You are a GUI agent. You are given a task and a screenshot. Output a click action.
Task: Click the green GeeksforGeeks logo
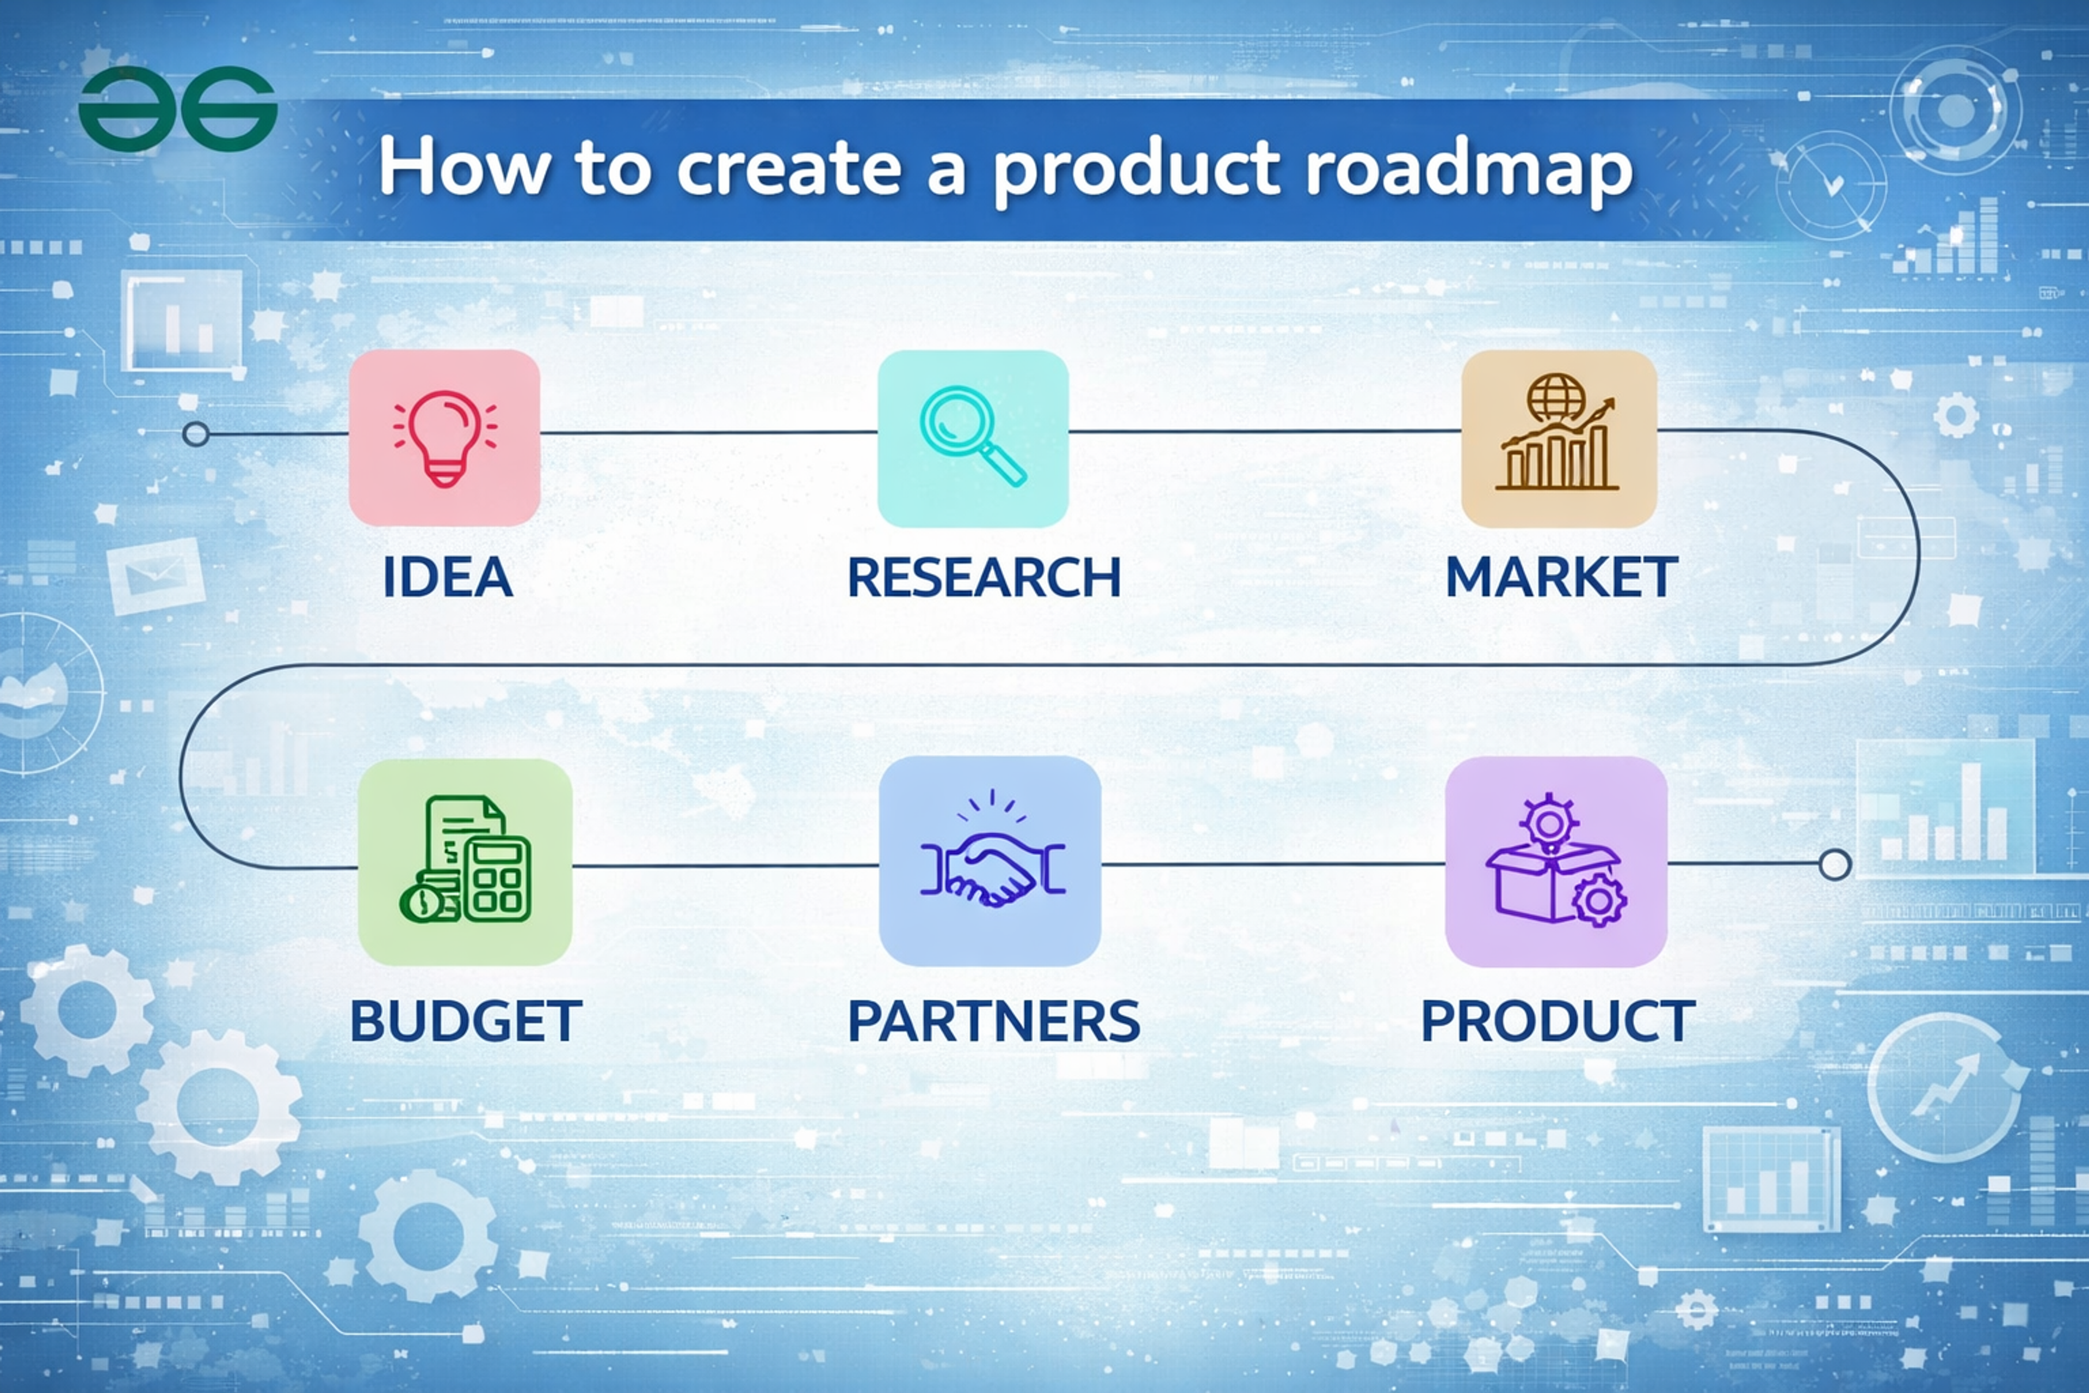point(178,109)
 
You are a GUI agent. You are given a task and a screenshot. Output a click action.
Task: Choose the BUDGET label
point(466,1022)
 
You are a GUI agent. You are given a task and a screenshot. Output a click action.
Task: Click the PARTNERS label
point(993,1022)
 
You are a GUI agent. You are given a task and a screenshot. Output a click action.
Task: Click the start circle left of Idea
point(195,434)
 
